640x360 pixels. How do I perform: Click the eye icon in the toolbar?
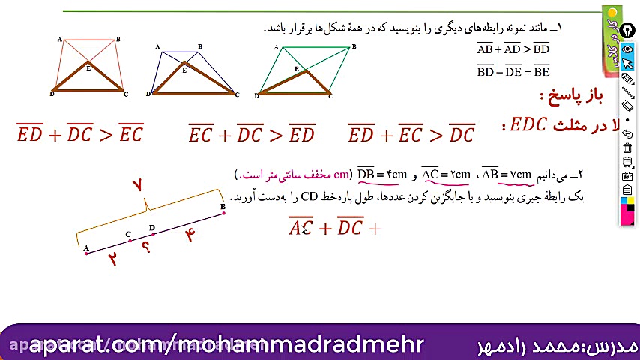click(628, 49)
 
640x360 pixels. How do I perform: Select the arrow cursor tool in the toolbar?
click(628, 64)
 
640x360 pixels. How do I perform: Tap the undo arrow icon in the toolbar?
click(628, 133)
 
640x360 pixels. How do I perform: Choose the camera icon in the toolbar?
click(628, 175)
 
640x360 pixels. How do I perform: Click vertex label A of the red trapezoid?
click(59, 40)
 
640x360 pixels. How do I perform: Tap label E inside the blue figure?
click(184, 70)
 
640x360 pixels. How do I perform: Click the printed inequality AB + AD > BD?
click(513, 49)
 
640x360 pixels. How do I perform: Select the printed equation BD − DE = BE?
click(513, 72)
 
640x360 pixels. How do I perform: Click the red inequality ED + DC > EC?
click(79, 134)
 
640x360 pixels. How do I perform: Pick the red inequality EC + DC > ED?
click(251, 134)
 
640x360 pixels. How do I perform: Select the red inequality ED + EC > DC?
click(411, 134)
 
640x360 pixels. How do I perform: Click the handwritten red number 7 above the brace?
click(136, 185)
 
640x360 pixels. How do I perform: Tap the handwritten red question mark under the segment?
click(146, 247)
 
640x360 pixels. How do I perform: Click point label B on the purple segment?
click(223, 206)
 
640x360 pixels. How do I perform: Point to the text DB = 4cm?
click(382, 175)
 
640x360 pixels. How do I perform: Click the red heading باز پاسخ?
click(571, 95)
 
